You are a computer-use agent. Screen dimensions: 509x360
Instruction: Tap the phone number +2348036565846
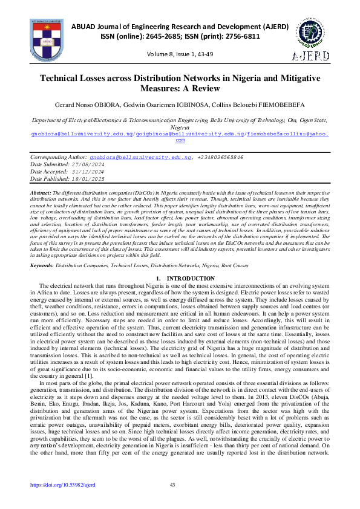[x=218, y=157]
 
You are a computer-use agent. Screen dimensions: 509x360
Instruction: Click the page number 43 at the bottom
[x=172, y=485]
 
